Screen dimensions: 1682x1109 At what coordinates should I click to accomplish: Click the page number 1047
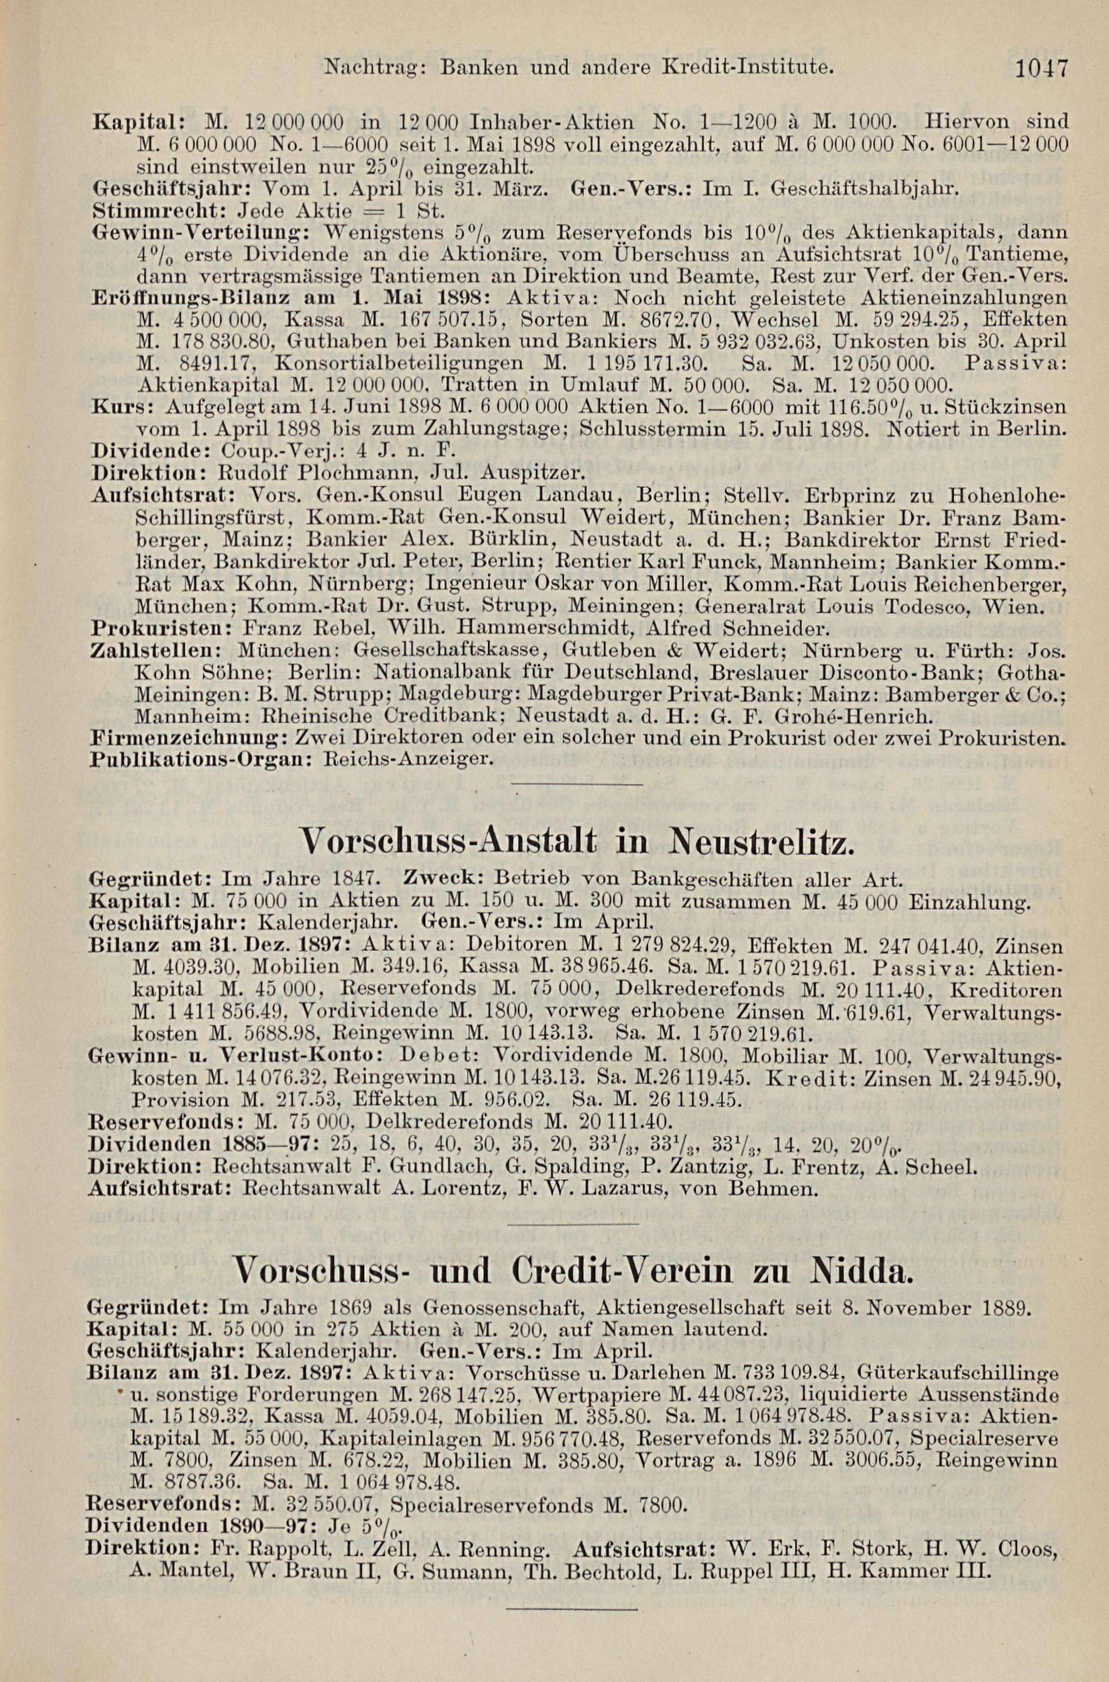coord(1041,69)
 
